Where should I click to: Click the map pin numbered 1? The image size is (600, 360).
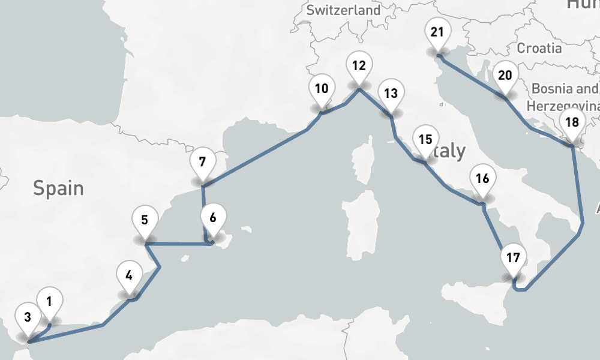[x=49, y=299]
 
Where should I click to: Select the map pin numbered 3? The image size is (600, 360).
[x=28, y=316]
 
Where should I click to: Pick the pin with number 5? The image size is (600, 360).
[x=145, y=220]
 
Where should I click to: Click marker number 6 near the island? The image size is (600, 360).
[x=213, y=217]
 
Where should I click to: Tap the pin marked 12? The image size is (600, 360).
[x=359, y=66]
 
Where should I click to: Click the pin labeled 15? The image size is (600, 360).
[x=425, y=139]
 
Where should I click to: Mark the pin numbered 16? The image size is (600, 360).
[x=482, y=178]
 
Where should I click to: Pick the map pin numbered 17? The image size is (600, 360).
[x=512, y=258]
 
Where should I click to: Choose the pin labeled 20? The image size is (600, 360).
[x=505, y=76]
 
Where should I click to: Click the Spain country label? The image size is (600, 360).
[x=58, y=188]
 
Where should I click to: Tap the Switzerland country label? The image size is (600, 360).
[x=343, y=10]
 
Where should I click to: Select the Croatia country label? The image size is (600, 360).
[x=539, y=48]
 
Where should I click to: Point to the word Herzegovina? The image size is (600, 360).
[x=563, y=106]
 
